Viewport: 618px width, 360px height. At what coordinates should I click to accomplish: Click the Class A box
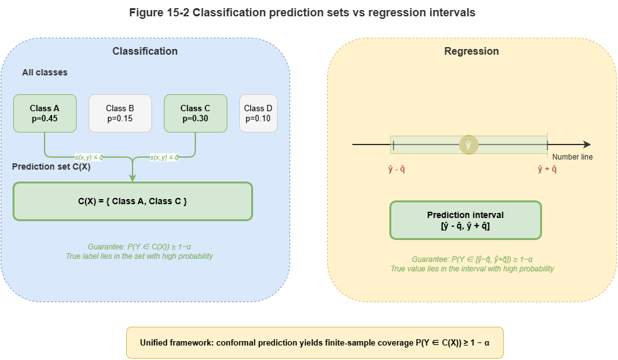coord(45,113)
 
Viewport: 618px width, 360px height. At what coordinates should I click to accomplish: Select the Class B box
coord(120,113)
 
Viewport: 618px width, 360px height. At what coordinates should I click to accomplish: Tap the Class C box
coord(195,113)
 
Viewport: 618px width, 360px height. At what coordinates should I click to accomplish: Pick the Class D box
coord(258,113)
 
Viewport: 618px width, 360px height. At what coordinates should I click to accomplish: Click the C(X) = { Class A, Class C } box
coord(133,201)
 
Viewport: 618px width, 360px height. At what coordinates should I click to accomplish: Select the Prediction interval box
coord(465,220)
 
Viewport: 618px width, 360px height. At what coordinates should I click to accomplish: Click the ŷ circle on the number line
coord(469,145)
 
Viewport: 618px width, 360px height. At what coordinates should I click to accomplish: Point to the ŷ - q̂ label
coord(397,169)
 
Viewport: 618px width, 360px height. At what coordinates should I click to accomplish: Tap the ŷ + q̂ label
coord(547,169)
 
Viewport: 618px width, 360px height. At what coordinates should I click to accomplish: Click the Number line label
coord(572,157)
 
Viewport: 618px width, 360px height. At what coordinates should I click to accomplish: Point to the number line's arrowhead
coord(587,145)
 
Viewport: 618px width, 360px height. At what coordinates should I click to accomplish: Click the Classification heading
coord(145,51)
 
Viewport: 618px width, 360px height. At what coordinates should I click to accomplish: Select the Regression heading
coord(472,51)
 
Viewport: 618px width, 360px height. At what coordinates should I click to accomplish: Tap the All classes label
coord(45,72)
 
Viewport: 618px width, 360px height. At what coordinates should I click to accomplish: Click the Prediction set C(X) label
coord(51,166)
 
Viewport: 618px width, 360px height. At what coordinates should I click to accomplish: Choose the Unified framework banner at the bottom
coord(315,343)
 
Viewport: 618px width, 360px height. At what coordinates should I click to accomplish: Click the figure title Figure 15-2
coord(302,13)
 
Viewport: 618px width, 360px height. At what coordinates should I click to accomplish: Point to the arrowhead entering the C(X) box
coord(133,178)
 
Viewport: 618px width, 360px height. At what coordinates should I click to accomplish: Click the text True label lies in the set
coord(139,256)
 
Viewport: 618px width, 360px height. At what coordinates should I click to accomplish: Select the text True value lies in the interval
coord(472,269)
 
